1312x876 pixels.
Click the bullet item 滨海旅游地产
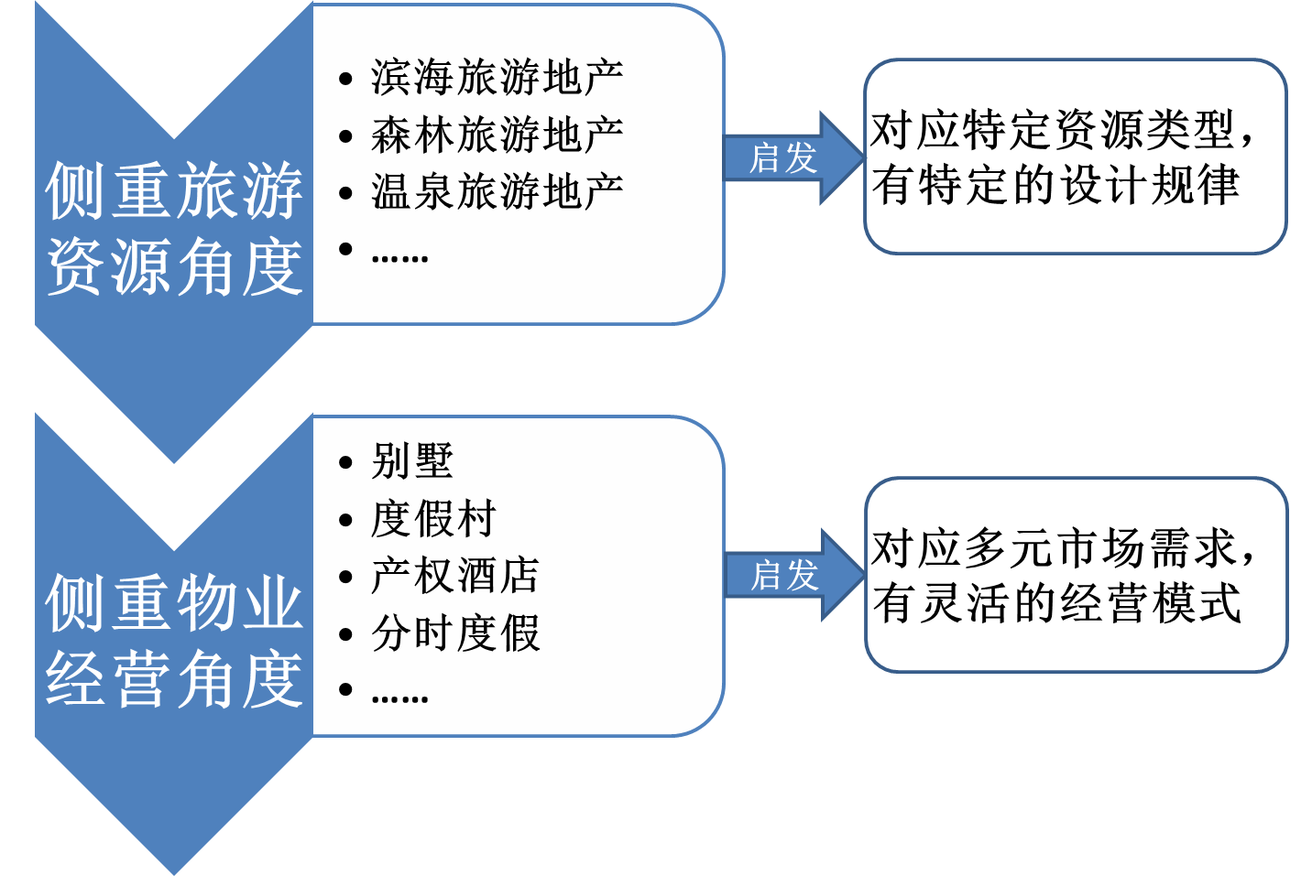497,78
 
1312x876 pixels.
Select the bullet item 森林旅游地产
497,135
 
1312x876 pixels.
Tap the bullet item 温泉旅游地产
497,192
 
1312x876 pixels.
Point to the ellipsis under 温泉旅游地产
400,258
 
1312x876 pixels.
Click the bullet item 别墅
412,461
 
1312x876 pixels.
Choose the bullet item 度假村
433,519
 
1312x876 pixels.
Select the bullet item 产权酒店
455,577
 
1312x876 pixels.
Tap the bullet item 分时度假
455,633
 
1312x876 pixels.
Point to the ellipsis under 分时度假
400,698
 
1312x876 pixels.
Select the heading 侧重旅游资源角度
174,229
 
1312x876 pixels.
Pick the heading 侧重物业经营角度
174,641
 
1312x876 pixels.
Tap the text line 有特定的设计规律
1055,185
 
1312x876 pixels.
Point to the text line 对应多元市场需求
1063,548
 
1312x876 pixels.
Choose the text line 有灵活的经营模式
1056,603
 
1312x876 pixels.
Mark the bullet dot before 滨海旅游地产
345,80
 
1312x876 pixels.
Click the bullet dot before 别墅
345,463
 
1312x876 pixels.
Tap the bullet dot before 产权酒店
345,578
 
